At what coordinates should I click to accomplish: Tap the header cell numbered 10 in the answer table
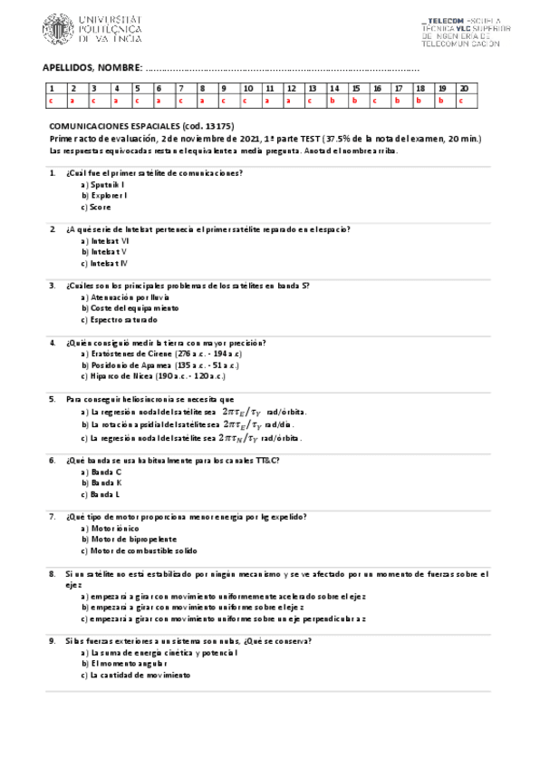tap(248, 88)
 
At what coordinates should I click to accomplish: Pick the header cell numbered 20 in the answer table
tap(464, 88)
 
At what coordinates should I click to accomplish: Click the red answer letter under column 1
tap(52, 101)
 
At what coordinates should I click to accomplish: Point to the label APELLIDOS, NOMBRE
tap(92, 68)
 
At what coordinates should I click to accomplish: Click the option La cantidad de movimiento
tap(136, 676)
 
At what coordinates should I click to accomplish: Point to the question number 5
tap(52, 399)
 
